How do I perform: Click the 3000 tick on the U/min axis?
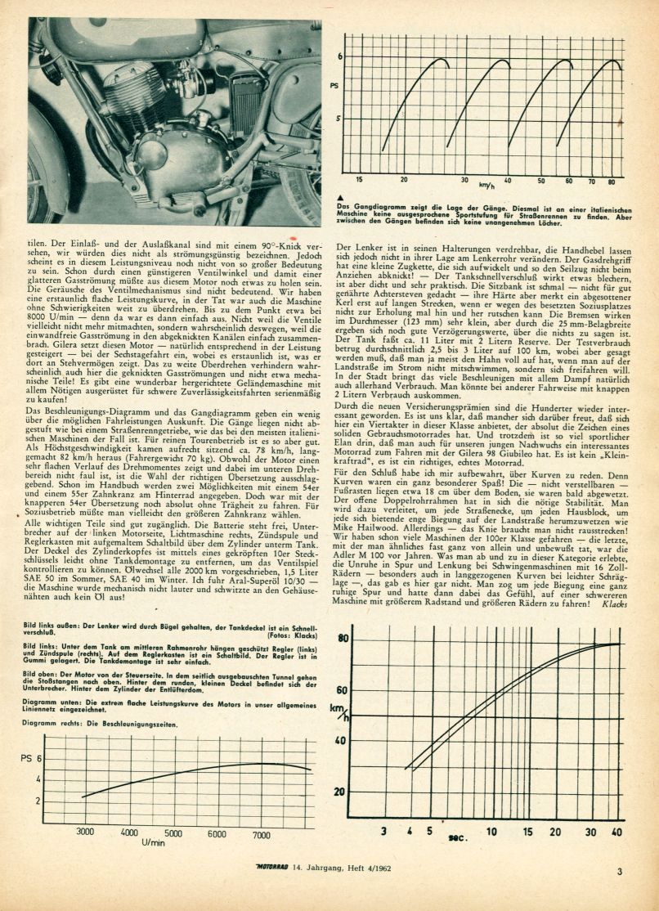(85, 832)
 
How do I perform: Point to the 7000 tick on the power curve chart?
(261, 834)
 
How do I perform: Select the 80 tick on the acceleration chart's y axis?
(343, 639)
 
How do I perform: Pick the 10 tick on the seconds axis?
(491, 832)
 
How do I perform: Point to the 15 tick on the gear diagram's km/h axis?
(359, 178)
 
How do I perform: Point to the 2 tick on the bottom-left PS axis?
(38, 800)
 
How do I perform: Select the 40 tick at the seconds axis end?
(615, 832)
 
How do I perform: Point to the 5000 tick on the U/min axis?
(173, 834)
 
